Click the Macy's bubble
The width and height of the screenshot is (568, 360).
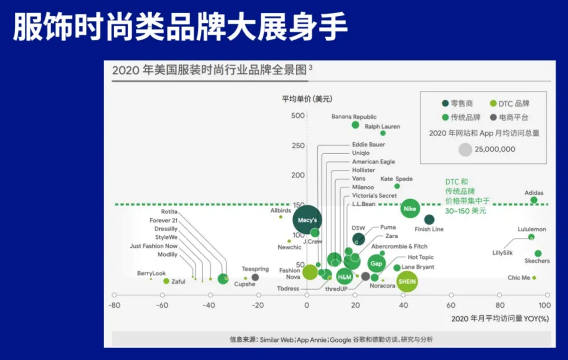(307, 220)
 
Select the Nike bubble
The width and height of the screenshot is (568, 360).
(410, 208)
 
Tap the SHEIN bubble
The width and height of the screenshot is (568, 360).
(407, 282)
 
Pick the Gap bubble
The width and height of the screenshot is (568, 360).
(376, 263)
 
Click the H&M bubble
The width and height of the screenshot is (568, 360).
(345, 277)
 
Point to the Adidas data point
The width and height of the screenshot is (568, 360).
(534, 200)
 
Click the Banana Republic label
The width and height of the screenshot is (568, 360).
(354, 117)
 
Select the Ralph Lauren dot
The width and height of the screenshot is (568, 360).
(383, 133)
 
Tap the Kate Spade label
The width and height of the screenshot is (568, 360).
(396, 179)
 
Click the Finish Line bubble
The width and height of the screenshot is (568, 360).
(429, 220)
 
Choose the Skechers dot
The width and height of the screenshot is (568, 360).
(538, 253)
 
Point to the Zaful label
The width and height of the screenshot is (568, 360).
(178, 282)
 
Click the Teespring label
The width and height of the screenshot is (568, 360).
(255, 269)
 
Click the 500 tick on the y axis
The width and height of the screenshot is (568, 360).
(298, 115)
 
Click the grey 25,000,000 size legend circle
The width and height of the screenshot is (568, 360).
(465, 150)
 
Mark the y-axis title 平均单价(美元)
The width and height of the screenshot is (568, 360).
(307, 99)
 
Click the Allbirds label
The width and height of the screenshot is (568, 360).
(280, 211)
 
